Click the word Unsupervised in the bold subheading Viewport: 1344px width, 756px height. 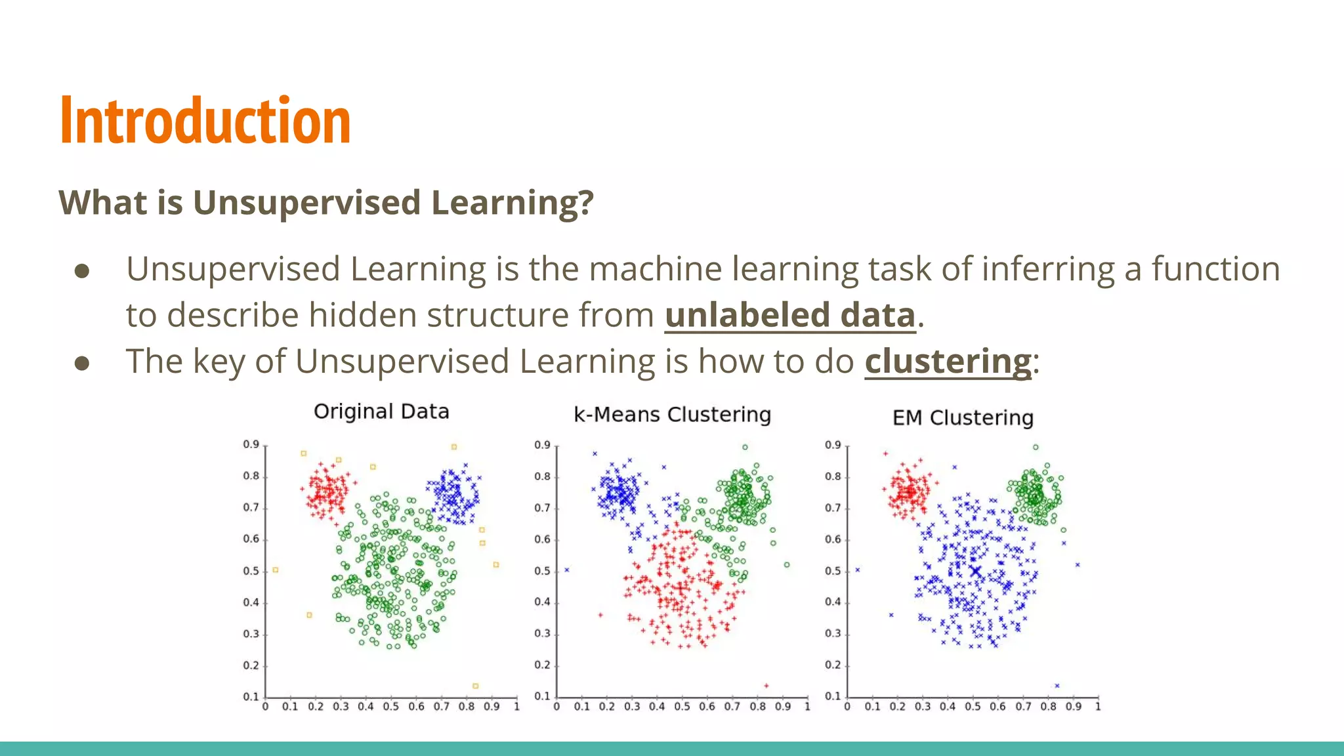pos(306,202)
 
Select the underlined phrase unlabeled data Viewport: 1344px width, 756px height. pos(789,315)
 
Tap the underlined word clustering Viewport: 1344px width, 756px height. pos(948,361)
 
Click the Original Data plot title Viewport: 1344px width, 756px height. pos(381,411)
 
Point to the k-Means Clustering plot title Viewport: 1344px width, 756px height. pos(672,415)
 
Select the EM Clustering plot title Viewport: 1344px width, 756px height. pos(963,418)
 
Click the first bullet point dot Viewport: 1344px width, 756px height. pos(82,271)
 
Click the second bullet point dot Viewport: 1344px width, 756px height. pos(82,363)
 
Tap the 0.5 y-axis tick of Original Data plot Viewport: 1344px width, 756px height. pos(251,571)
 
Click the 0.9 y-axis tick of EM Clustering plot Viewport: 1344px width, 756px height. pos(833,445)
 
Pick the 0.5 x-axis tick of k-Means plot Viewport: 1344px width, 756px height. pos(682,707)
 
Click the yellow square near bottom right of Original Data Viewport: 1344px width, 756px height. pos(475,686)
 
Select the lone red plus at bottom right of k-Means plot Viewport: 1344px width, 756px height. pos(766,686)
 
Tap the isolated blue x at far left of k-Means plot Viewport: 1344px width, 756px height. pos(567,570)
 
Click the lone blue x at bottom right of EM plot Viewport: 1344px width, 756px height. pos(1057,686)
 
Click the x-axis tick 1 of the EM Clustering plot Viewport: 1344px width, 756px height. pos(1097,707)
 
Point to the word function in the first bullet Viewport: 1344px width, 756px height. pos(1215,269)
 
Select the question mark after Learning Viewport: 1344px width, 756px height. pos(586,202)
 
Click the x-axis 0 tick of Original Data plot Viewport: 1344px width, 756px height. pos(265,707)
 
